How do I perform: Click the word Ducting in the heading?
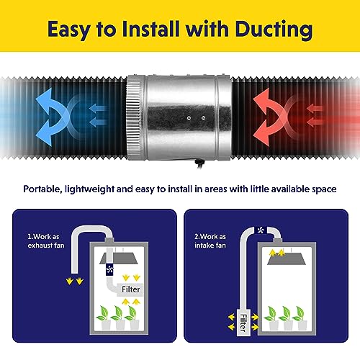click(274, 30)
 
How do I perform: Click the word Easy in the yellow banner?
click(68, 30)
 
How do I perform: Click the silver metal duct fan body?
click(179, 117)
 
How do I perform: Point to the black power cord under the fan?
click(199, 164)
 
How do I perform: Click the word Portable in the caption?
click(42, 189)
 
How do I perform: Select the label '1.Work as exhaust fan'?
click(46, 240)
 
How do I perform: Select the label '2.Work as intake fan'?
click(210, 240)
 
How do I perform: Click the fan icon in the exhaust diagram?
click(109, 269)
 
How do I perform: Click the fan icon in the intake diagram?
click(261, 230)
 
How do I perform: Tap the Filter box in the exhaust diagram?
click(130, 289)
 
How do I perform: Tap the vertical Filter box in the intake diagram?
click(243, 323)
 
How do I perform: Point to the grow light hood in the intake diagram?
click(290, 259)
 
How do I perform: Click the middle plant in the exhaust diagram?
click(119, 318)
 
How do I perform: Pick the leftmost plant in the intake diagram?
click(273, 318)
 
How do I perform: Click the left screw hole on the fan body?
click(189, 118)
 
